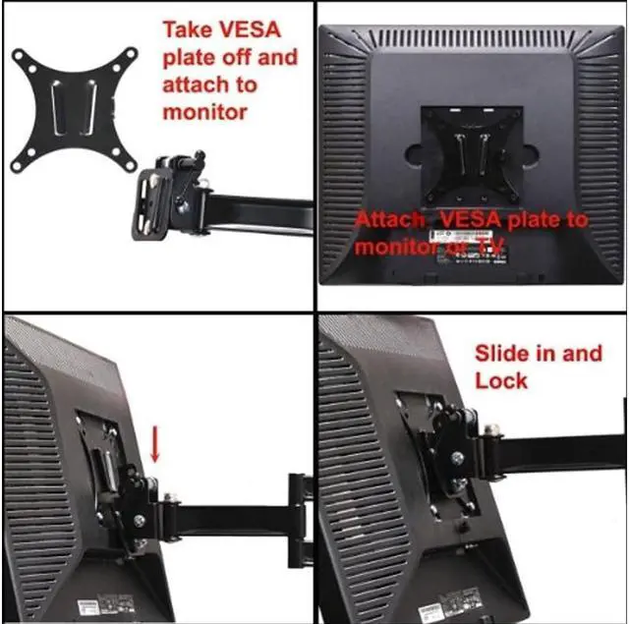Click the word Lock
501,380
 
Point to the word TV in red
490,246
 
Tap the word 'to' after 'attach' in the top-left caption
243,85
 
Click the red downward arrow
156,443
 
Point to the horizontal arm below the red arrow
226,515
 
